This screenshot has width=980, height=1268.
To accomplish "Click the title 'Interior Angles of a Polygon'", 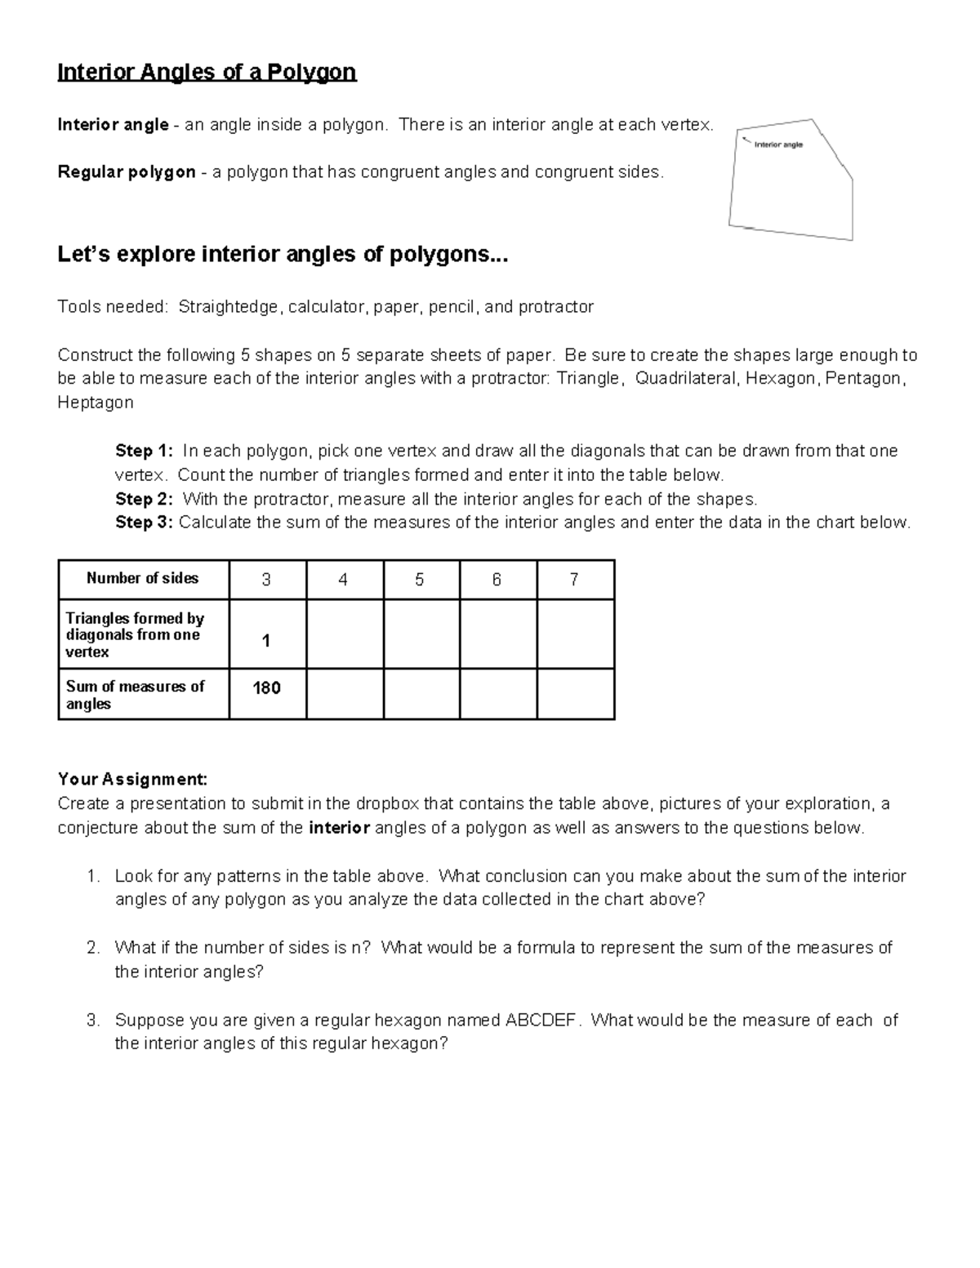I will click(x=207, y=73).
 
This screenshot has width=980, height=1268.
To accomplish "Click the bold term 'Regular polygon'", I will click(x=126, y=172).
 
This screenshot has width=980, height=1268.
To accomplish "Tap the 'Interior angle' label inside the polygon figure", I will click(x=778, y=145).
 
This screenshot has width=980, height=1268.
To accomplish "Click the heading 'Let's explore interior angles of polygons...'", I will click(x=283, y=255).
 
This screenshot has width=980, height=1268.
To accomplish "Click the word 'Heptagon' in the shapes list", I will click(x=96, y=403).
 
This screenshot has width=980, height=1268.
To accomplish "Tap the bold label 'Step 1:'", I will click(x=144, y=451).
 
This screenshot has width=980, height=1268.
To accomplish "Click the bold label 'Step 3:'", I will click(x=144, y=523).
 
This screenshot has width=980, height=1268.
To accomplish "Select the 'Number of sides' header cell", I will click(x=143, y=579).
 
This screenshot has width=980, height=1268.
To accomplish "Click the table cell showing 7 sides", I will click(x=574, y=580).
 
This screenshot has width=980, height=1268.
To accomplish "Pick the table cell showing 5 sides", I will click(x=420, y=580).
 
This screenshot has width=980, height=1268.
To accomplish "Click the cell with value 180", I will click(x=267, y=688).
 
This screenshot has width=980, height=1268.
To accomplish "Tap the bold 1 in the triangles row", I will click(x=266, y=642).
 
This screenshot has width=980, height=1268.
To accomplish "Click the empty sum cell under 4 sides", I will click(x=344, y=693).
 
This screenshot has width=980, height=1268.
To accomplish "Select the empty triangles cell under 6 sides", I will click(x=497, y=634).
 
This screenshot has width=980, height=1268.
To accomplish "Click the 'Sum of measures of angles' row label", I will click(x=135, y=695).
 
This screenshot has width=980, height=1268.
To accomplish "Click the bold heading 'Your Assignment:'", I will click(x=132, y=780).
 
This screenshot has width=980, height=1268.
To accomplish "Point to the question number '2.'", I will click(x=93, y=948).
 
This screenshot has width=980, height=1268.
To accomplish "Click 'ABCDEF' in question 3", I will click(x=541, y=1021).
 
